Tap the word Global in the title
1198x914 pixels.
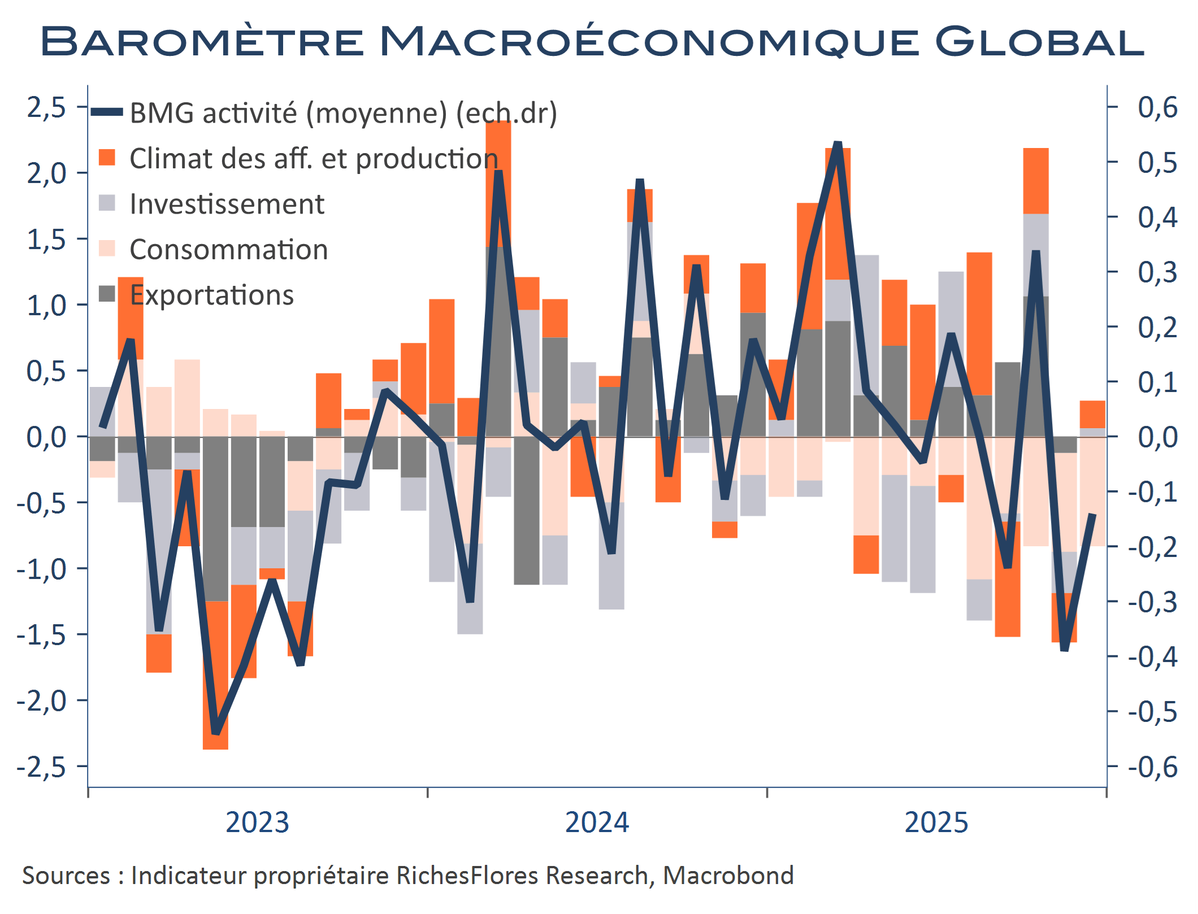[x=1039, y=41]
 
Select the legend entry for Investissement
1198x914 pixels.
[x=227, y=204]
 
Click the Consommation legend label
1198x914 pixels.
[x=228, y=250]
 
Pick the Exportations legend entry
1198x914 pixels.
[x=211, y=295]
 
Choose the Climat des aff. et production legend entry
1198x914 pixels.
[x=314, y=159]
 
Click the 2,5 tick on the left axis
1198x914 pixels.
[x=46, y=107]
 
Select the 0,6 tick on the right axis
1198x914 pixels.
[x=1157, y=107]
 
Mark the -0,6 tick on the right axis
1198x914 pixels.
[x=1153, y=767]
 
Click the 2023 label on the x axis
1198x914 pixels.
[x=257, y=822]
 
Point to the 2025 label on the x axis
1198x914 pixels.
[x=936, y=822]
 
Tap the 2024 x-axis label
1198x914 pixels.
[x=597, y=822]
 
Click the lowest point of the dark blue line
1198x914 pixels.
[x=215, y=733]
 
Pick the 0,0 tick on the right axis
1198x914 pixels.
[x=1157, y=437]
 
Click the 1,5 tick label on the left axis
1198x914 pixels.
[x=46, y=240]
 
